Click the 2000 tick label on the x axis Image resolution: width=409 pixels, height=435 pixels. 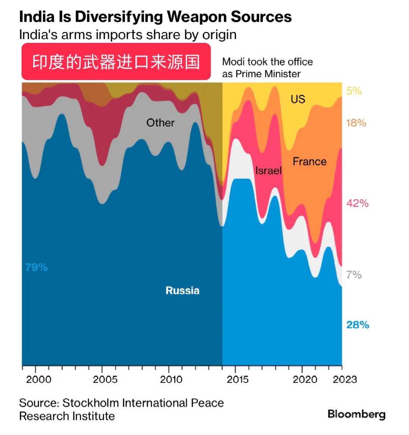39,379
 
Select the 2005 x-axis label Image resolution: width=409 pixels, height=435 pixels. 105,379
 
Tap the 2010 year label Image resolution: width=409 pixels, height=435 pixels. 172,379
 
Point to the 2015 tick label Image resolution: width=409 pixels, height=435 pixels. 238,379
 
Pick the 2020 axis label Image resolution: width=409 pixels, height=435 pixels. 305,379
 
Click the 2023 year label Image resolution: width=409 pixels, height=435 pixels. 345,379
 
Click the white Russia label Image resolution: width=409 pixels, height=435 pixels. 183,290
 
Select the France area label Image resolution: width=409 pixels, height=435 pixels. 309,162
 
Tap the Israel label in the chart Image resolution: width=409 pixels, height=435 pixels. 269,171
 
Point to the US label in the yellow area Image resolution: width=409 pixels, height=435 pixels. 298,99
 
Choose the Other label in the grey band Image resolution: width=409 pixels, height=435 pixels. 161,123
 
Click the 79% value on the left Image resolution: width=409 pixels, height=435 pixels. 36,267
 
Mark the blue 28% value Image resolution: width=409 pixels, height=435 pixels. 357,325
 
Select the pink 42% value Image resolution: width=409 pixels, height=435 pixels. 357,203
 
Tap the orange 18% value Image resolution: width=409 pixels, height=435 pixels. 356,123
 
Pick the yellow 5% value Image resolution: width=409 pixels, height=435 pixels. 354,91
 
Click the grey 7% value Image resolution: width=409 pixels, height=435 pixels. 354,274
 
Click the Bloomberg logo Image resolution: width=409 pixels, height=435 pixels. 356,414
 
